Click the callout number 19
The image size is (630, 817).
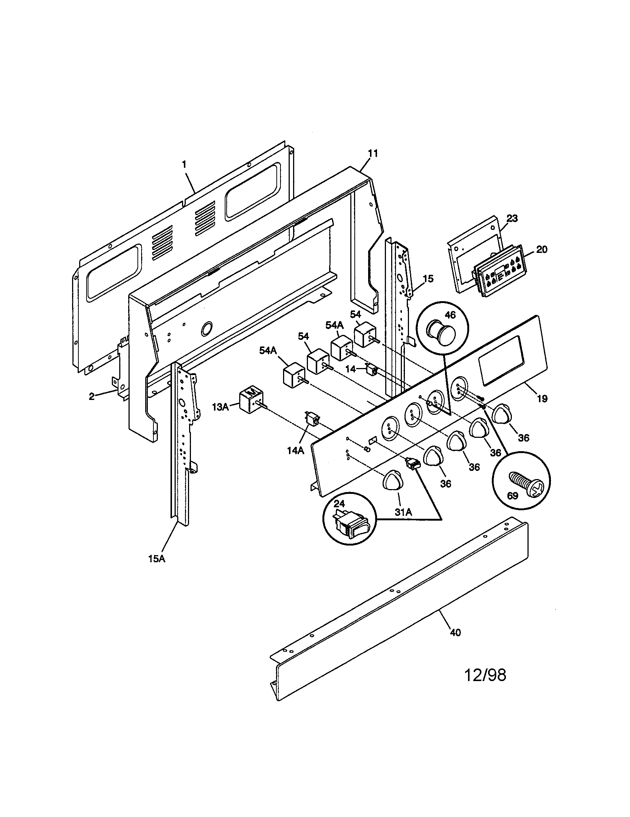(542, 399)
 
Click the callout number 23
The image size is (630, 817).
(512, 218)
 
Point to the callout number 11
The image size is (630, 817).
(373, 153)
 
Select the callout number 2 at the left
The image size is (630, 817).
(92, 397)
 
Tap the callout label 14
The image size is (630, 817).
(350, 369)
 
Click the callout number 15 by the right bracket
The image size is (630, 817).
(428, 279)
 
